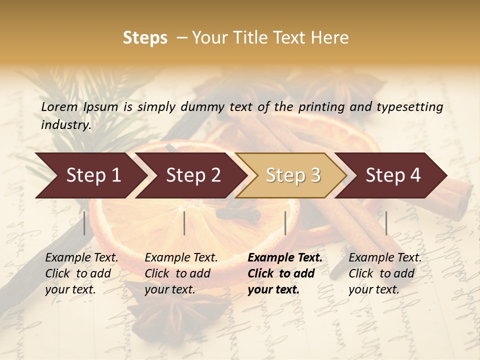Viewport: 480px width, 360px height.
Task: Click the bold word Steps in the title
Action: coord(145,38)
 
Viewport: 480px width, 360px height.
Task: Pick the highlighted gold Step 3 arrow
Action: coord(293,175)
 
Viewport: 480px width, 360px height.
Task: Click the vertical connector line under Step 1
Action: coord(84,223)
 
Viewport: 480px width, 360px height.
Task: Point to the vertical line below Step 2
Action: coord(184,223)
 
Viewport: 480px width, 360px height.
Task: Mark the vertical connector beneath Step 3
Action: coord(285,223)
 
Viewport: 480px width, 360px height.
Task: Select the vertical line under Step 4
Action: coord(386,223)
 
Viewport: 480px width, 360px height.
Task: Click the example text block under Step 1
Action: coord(81,273)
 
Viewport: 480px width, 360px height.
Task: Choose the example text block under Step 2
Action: coord(181,273)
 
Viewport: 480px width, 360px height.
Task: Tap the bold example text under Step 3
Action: coord(285,273)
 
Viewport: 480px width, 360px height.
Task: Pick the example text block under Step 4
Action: coord(385,273)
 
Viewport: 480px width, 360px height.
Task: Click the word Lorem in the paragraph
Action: coord(59,107)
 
